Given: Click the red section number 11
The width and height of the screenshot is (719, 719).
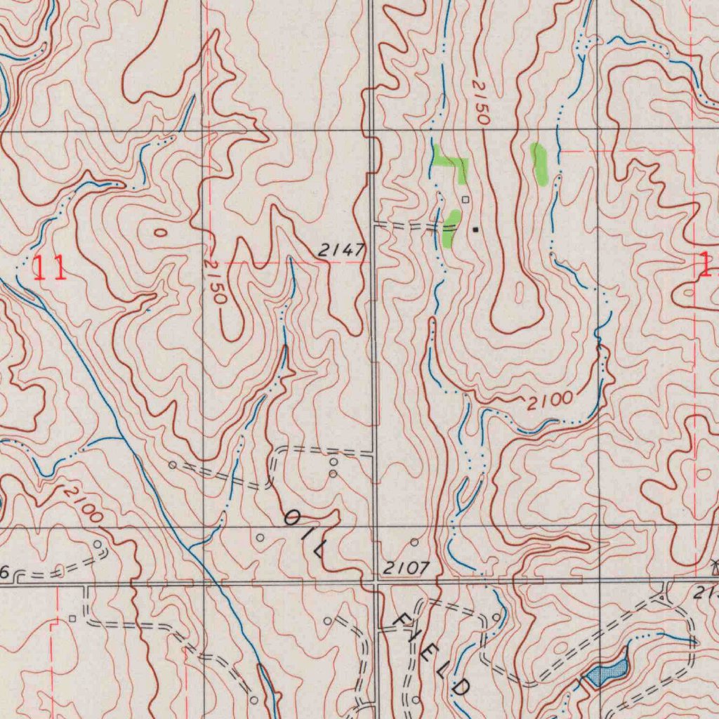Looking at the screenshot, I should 50,268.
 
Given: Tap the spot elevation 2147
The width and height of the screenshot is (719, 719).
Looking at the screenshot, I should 341,250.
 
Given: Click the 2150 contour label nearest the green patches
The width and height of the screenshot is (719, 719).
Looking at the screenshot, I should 480,103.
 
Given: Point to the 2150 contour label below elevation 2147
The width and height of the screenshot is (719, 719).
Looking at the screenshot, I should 215,281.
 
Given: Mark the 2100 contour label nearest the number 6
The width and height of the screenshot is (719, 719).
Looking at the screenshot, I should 83,503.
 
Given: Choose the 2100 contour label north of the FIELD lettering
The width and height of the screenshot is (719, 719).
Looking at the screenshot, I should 550,401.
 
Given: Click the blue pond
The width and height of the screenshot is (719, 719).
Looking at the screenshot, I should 607,673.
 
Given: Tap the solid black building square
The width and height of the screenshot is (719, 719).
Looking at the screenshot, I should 476,229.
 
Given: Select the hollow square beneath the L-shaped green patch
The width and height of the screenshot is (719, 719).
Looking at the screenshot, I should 465,199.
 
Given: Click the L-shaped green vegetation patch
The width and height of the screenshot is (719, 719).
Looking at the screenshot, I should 451,163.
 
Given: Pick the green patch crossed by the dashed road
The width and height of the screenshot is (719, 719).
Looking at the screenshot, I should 451,227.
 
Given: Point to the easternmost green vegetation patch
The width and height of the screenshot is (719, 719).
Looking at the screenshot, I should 539,164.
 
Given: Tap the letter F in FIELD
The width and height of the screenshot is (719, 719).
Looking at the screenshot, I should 404,620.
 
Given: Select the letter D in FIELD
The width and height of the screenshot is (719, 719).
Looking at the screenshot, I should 460,687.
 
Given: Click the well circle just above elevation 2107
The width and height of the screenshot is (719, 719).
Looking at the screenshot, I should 414,542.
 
